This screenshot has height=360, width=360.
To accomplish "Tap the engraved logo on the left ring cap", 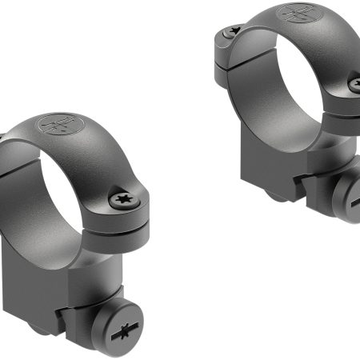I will pos(59,125).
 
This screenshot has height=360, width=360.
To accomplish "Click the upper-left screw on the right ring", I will pos(231,33).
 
